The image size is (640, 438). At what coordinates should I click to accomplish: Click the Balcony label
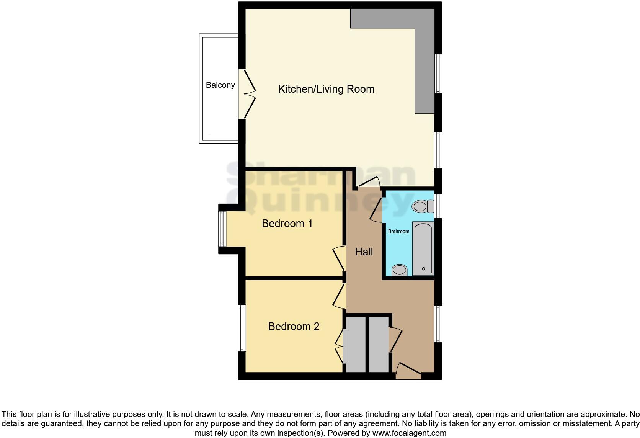[220, 85]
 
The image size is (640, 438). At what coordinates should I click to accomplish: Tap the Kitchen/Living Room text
[326, 89]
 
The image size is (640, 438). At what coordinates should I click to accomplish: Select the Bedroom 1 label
[287, 223]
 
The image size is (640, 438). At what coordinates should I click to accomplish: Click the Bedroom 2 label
[294, 326]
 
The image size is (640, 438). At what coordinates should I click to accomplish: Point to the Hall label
[364, 252]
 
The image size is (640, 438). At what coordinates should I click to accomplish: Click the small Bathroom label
[398, 231]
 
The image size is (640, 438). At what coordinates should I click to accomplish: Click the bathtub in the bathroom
[423, 248]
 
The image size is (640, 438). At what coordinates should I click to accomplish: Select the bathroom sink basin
[400, 270]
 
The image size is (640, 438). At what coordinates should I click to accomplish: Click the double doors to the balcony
[247, 94]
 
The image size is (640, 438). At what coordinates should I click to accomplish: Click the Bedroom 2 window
[242, 328]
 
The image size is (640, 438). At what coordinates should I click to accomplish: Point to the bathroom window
[438, 206]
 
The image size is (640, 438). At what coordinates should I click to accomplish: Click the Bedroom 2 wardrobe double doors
[339, 347]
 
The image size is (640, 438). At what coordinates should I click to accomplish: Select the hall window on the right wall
[438, 324]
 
